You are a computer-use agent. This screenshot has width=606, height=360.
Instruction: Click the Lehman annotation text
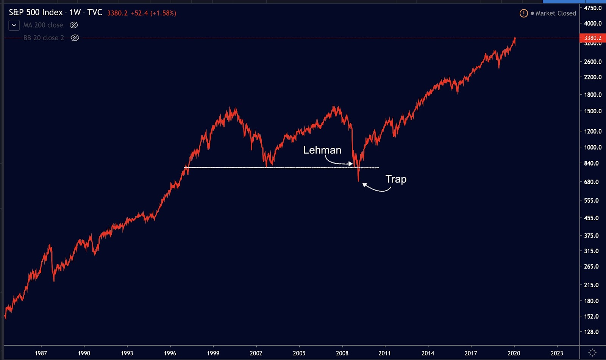pyautogui.click(x=322, y=150)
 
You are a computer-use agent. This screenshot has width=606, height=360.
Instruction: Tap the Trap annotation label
pyautogui.click(x=396, y=179)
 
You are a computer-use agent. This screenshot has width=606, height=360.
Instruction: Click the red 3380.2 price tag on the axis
pyautogui.click(x=592, y=38)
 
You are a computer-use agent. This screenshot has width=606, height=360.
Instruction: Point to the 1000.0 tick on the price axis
pyautogui.click(x=593, y=147)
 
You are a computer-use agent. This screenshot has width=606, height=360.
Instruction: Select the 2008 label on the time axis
pyautogui.click(x=342, y=353)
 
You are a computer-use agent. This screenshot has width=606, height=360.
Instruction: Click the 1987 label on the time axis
pyautogui.click(x=41, y=353)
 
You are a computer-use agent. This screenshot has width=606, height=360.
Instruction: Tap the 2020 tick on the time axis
pyautogui.click(x=514, y=353)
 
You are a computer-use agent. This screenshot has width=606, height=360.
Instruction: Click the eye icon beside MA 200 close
pyautogui.click(x=74, y=25)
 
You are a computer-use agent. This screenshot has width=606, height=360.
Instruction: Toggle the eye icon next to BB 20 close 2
pyautogui.click(x=75, y=38)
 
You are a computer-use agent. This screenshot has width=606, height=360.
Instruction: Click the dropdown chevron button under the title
pyautogui.click(x=14, y=25)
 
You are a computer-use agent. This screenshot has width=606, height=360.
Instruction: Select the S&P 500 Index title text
pyautogui.click(x=36, y=13)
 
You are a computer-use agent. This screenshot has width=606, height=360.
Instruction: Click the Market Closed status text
pyautogui.click(x=556, y=13)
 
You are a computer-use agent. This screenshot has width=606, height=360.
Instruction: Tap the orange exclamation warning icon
pyautogui.click(x=523, y=14)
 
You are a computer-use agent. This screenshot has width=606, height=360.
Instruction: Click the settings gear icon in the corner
pyautogui.click(x=593, y=353)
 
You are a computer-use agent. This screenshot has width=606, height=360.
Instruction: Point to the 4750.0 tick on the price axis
pyautogui.click(x=593, y=8)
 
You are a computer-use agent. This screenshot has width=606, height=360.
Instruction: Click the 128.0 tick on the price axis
pyautogui.click(x=591, y=332)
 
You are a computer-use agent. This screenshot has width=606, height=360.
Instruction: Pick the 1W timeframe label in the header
pyautogui.click(x=75, y=13)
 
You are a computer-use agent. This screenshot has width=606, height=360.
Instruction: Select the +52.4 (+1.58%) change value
pyautogui.click(x=153, y=13)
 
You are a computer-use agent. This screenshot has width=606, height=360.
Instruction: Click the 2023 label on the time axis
pyautogui.click(x=557, y=353)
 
